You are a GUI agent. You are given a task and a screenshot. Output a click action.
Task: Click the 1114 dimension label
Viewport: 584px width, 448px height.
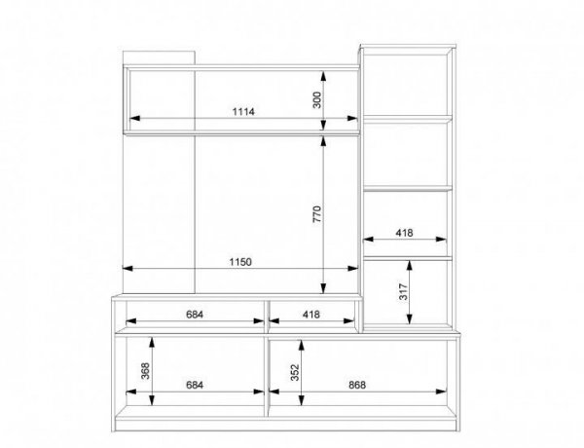tap(243, 111)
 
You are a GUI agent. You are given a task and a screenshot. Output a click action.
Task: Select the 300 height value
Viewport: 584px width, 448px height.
tap(316, 100)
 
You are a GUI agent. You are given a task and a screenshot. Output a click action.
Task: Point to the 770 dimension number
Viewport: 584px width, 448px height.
tap(316, 214)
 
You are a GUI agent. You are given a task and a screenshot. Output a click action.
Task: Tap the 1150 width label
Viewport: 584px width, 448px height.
tap(240, 262)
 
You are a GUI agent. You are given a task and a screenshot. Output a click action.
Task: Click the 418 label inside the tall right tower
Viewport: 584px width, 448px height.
tap(404, 233)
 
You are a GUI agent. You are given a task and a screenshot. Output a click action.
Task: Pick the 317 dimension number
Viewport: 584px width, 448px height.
tap(403, 292)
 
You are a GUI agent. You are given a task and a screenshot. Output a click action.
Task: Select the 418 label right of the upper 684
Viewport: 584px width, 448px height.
tap(311, 315)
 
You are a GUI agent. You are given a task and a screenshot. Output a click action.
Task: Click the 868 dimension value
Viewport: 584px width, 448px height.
tap(357, 385)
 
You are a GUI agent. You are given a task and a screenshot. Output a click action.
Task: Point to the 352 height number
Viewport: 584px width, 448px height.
tap(295, 372)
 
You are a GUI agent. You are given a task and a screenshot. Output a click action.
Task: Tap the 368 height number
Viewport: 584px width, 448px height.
tap(145, 371)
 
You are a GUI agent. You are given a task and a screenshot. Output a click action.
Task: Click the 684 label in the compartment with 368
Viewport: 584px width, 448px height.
tap(195, 385)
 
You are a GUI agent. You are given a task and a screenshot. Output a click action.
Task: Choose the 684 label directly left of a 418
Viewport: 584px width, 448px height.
tap(195, 315)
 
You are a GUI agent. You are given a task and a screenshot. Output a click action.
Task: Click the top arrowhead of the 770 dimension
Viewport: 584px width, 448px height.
tap(323, 141)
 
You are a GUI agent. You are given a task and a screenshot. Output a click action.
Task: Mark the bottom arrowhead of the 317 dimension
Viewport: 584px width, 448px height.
tap(410, 318)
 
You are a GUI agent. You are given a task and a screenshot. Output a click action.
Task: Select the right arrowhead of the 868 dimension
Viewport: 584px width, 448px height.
tap(441, 392)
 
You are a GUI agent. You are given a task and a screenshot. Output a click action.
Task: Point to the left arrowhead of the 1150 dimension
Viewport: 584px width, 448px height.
tap(128, 269)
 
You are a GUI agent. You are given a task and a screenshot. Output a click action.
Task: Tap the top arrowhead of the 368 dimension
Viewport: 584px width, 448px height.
tap(152, 342)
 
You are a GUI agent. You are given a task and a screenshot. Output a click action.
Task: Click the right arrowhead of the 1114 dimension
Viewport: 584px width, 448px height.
tap(352, 118)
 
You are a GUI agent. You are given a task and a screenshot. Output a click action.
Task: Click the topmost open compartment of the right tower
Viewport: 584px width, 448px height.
tap(407, 85)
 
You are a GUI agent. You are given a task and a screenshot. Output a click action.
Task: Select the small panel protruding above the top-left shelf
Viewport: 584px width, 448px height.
tap(159, 57)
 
